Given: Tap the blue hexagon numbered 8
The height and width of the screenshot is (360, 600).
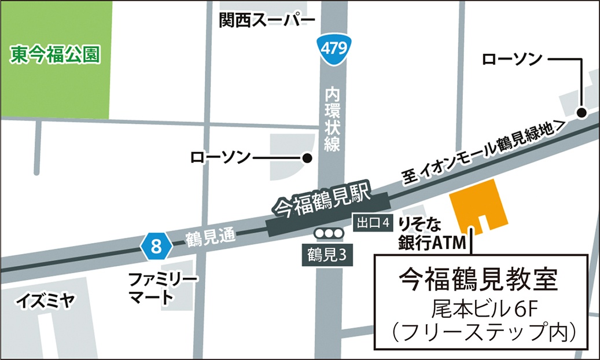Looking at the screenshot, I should pyautogui.click(x=156, y=247).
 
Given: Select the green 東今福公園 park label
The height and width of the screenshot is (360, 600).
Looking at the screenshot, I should pyautogui.click(x=56, y=55).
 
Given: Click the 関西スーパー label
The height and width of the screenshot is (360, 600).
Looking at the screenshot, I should pyautogui.click(x=267, y=21).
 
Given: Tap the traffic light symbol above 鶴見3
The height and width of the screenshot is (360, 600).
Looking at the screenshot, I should pyautogui.click(x=329, y=234).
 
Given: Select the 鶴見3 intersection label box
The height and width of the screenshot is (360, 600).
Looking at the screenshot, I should pyautogui.click(x=327, y=255).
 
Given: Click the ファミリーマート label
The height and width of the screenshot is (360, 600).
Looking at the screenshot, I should pyautogui.click(x=163, y=289).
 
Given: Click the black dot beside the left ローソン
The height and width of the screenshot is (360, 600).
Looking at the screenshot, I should pyautogui.click(x=307, y=157).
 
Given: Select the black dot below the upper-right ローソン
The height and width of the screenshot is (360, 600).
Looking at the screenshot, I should pyautogui.click(x=581, y=112).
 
